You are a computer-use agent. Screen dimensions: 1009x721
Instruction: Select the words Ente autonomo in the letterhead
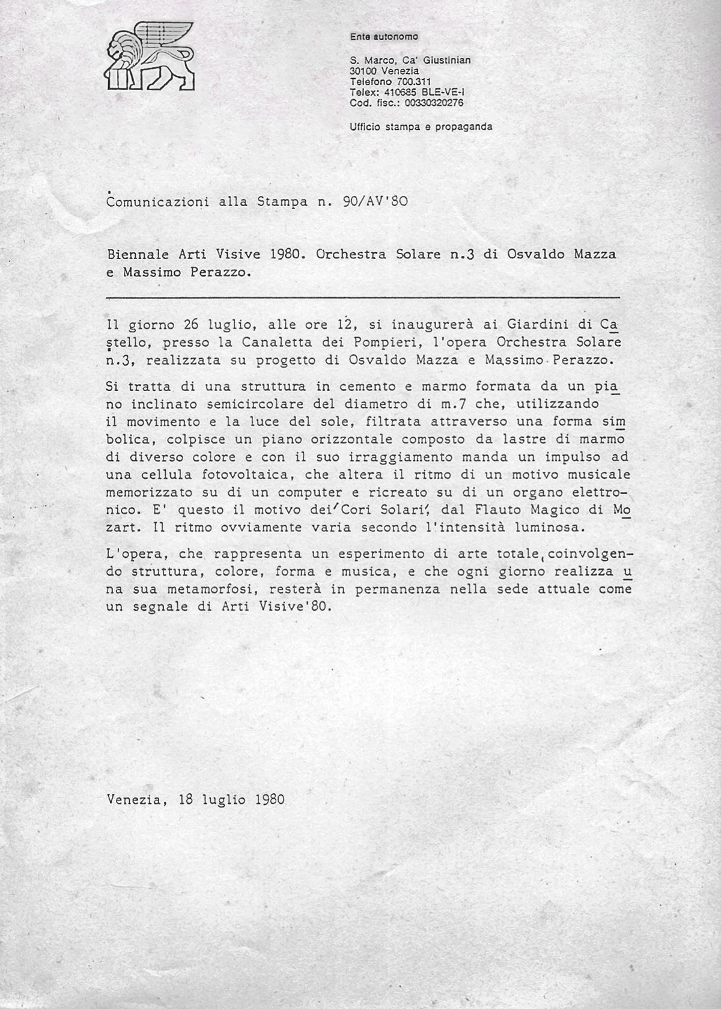point(383,37)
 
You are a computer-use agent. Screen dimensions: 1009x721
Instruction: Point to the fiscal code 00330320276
point(434,103)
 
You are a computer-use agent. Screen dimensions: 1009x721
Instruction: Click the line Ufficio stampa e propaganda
point(421,127)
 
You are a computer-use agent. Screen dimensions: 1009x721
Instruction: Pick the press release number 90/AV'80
point(375,202)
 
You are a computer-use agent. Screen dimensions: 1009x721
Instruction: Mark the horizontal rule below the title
point(363,297)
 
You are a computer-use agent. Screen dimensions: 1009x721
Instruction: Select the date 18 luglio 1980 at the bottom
point(231,800)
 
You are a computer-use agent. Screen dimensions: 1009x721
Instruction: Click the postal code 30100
point(362,71)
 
